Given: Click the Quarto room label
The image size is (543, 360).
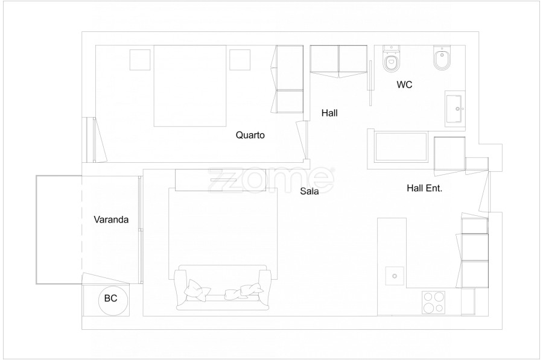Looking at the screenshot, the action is (250, 135).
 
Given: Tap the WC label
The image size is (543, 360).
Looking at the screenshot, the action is (404, 84).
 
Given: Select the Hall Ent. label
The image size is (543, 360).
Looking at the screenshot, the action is (424, 188).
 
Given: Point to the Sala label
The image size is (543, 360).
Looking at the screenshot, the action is (310, 191).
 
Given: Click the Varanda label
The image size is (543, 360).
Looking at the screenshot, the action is (111, 219).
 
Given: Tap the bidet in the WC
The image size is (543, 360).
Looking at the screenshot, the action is (442, 57).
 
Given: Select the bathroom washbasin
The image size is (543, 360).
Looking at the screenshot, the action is (455, 109).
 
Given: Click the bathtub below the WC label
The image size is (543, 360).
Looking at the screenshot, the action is (401, 147).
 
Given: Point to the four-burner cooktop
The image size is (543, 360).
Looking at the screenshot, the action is (433, 302).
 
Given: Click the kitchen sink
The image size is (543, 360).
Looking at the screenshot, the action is (395, 276).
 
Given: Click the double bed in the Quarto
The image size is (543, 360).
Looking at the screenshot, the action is (190, 86).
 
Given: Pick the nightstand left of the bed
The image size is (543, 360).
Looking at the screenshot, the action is (140, 60).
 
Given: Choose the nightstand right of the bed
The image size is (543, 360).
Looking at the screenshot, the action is (240, 60).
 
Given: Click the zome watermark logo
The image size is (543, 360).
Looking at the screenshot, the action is (271, 180).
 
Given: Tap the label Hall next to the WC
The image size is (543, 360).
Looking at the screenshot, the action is (329, 113).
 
